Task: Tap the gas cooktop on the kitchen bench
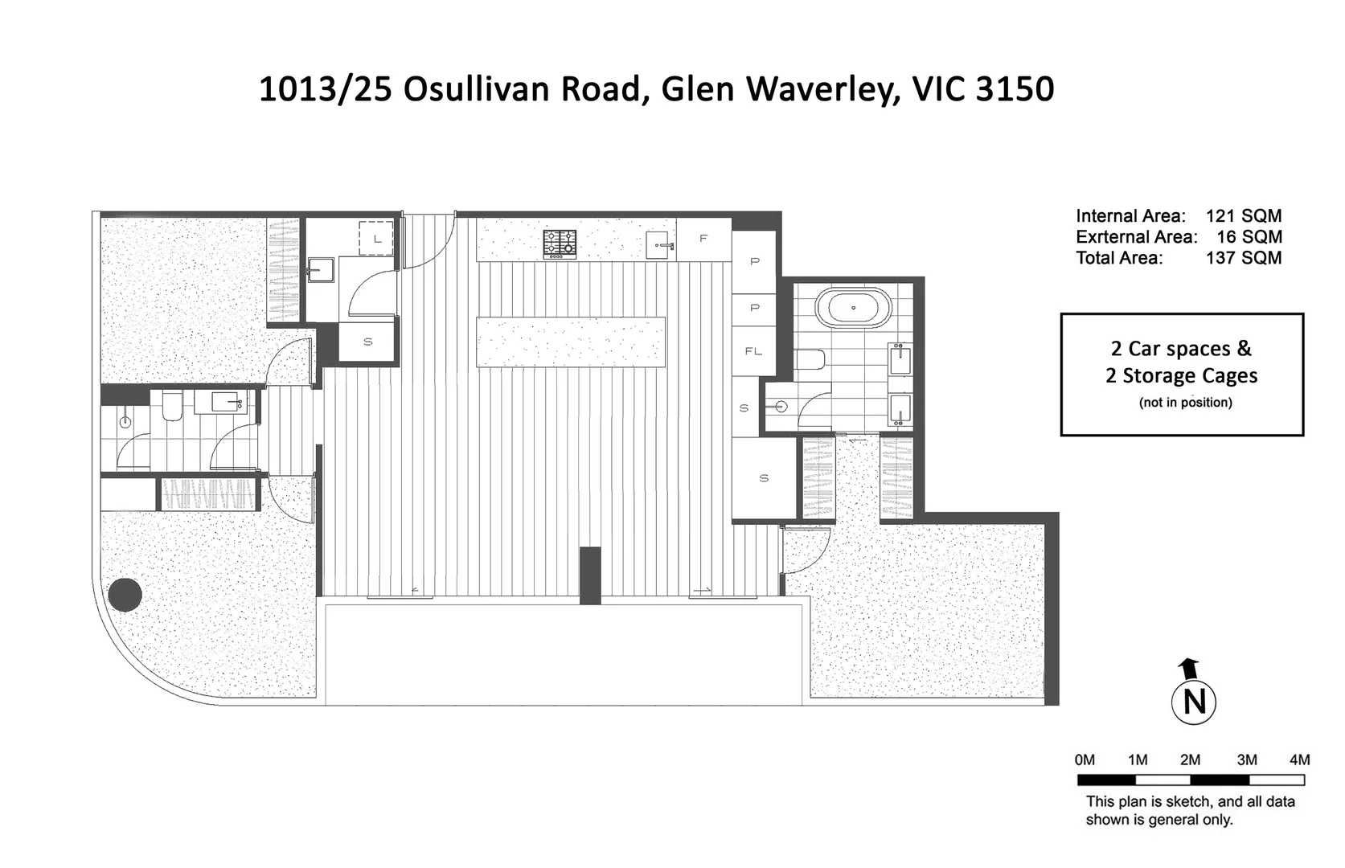pos(560,244)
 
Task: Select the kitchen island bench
pos(571,342)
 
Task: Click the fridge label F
pos(703,239)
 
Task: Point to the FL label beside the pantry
pos(753,351)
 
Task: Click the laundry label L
pos(376,239)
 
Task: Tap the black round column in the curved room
pos(125,595)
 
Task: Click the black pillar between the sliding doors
pos(590,575)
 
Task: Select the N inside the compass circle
pos(1194,702)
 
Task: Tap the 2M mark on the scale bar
pos(1190,760)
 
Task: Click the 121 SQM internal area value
pos(1243,215)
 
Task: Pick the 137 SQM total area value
pos(1243,258)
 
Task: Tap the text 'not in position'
pos(1185,402)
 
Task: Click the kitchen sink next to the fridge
pos(662,244)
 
